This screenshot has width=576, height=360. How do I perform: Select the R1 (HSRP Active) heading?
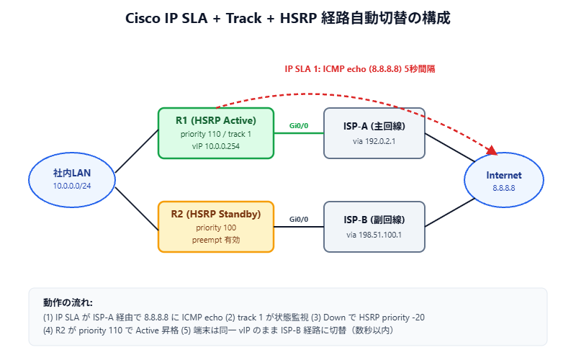point(216,120)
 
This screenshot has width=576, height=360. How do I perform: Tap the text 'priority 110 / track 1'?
point(216,134)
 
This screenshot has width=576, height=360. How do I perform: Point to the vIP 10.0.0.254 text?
point(216,146)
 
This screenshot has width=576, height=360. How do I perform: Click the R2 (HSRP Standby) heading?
point(216,214)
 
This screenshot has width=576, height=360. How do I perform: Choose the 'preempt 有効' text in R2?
point(216,240)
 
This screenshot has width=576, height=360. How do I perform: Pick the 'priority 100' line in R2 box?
point(216,228)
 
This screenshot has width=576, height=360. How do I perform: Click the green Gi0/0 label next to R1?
point(299,125)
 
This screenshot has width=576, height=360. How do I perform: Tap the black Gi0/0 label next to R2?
point(299,219)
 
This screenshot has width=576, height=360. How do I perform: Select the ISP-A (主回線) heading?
point(374,126)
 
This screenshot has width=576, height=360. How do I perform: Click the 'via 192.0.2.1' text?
point(374,142)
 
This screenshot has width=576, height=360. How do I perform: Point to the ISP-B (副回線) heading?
point(374,220)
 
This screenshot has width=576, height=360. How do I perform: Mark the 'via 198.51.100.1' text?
point(374,235)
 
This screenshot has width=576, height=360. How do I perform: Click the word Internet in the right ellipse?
point(504,176)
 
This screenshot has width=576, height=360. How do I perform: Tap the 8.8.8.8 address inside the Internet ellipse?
point(504,188)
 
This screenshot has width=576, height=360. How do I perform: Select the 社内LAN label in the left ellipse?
point(72,174)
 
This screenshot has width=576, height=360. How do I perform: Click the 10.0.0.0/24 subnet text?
point(72,186)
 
